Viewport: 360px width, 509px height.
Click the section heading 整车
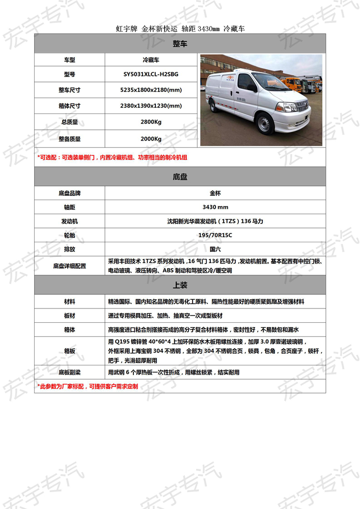[180, 44]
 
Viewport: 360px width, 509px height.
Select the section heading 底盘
[180, 177]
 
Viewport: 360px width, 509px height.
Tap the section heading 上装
[180, 285]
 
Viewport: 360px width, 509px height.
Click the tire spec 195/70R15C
[215, 235]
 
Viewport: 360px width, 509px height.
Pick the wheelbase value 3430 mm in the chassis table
[215, 207]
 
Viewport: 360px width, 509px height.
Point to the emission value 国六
[215, 249]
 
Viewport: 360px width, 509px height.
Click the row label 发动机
[70, 221]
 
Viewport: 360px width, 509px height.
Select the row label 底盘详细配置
[70, 266]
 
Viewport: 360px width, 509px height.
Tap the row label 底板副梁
[70, 373]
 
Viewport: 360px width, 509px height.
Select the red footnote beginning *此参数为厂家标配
[88, 386]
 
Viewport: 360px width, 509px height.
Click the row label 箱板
[70, 351]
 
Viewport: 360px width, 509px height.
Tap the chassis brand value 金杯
[215, 193]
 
